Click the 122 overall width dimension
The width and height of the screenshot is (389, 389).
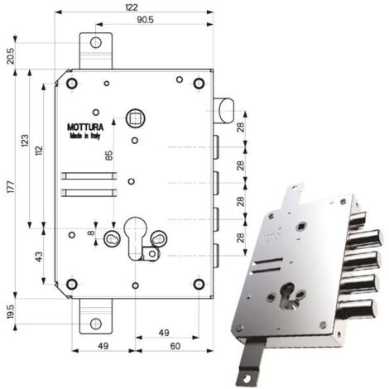[132, 7]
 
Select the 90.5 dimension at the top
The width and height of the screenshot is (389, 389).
[146, 20]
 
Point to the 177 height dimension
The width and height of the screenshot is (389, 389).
[10, 186]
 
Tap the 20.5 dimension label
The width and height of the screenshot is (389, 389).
[11, 56]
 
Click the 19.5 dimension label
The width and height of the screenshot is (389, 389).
[11, 311]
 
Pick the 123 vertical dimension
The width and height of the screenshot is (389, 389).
[25, 140]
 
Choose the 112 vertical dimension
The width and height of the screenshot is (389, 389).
[40, 151]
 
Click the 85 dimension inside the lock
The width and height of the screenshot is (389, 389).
[109, 156]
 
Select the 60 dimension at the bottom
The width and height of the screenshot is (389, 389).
[175, 346]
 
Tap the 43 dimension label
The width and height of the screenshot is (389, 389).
[40, 257]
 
